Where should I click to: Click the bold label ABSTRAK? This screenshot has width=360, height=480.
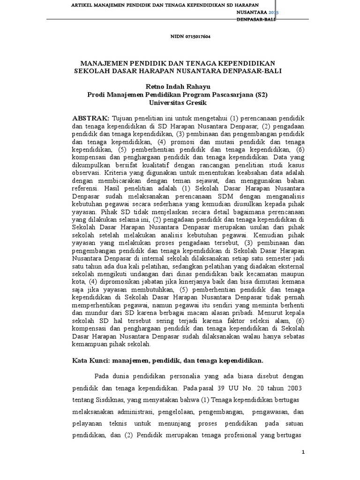coord(91,116)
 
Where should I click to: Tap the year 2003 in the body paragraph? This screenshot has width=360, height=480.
coord(291,389)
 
